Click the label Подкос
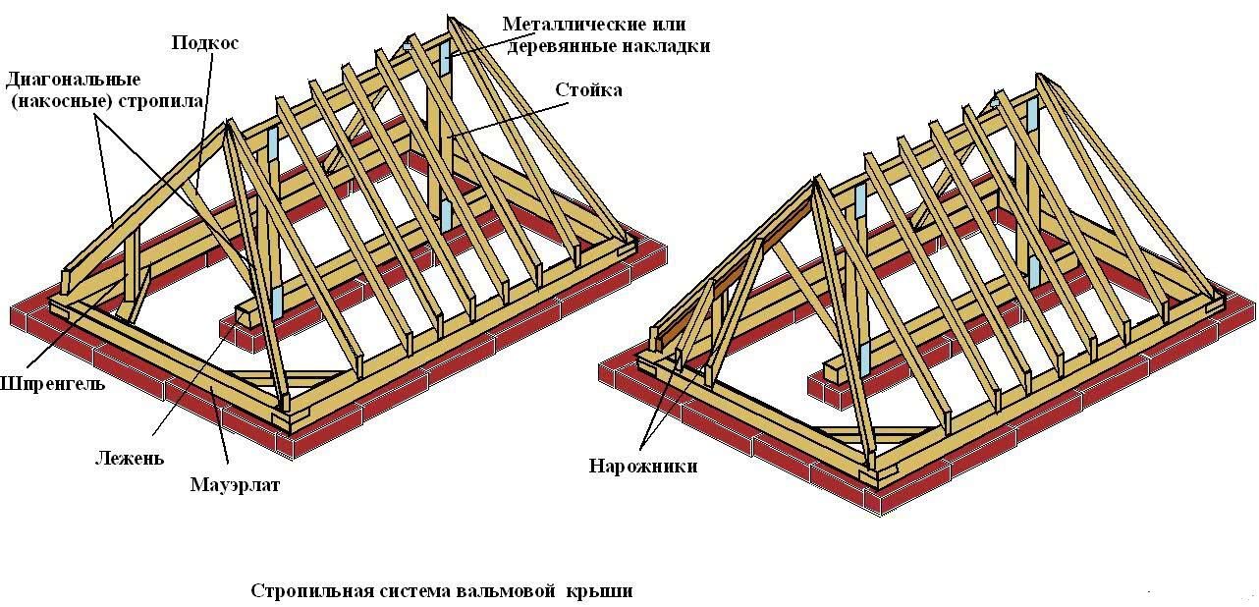[x=205, y=43]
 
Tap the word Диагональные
[x=73, y=79]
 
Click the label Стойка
[x=588, y=90]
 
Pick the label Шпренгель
[x=51, y=383]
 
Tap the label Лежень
[x=130, y=458]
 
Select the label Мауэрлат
[x=235, y=484]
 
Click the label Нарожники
[x=643, y=466]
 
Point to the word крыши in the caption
[x=599, y=591]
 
